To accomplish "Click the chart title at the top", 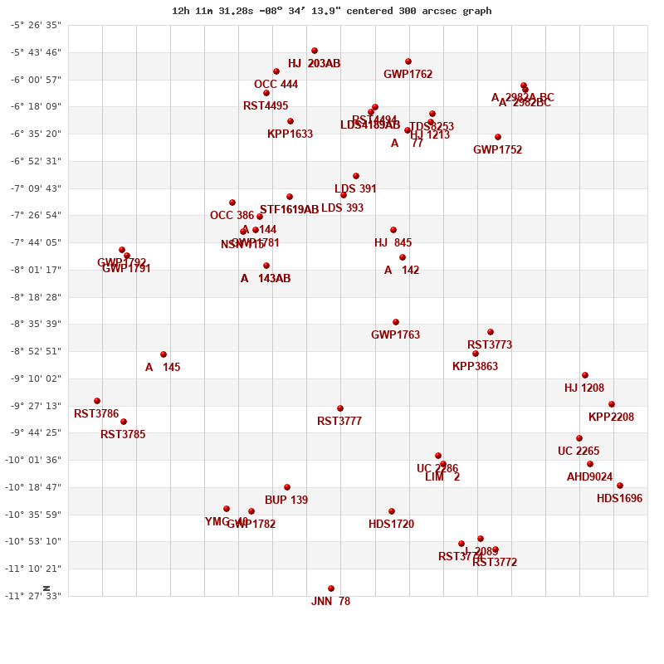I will tap(332, 11).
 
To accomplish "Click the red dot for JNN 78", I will tap(331, 588).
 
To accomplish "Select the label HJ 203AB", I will tap(314, 64).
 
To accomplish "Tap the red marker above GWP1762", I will tap(408, 61).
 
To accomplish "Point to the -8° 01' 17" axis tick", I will tap(35, 270).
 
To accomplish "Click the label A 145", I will tap(163, 368).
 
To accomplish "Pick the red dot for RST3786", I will tap(97, 401).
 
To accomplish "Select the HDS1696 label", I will tap(619, 499).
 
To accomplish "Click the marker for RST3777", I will tap(340, 408).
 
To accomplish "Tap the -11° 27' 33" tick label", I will tap(35, 596).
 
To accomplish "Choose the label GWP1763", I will tap(395, 335).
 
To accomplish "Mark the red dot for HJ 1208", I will tap(585, 375).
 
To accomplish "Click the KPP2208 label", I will tap(611, 417).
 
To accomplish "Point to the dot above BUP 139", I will tap(287, 487).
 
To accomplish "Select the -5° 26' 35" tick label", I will tap(35, 25).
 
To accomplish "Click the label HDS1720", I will tap(391, 525).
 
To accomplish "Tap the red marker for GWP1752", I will tap(498, 137).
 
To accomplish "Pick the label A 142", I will tap(402, 271).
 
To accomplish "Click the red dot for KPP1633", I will tap(290, 121).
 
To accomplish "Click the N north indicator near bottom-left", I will tap(46, 588).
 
